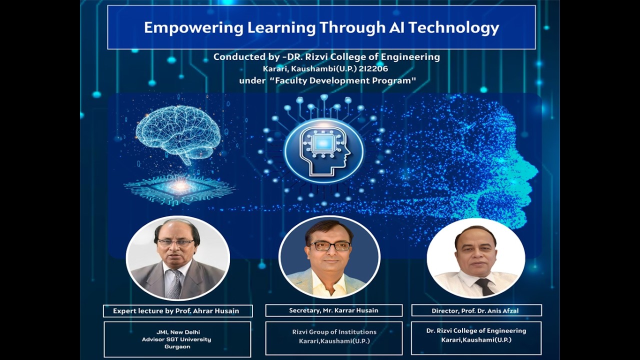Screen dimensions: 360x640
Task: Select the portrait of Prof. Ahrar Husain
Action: tap(177, 257)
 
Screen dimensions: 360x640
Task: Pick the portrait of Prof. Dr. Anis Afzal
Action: tap(475, 258)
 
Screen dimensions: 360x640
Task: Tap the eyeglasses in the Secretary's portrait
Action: tap(330, 246)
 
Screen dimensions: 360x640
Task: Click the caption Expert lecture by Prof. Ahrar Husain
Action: tap(176, 311)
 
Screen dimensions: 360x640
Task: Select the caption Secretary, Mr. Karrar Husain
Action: tap(333, 310)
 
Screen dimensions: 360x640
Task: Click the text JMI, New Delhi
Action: tap(177, 332)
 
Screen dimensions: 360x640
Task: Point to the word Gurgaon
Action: tap(177, 346)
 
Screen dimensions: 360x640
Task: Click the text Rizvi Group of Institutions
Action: tap(334, 332)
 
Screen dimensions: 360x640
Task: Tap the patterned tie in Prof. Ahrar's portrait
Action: tap(174, 285)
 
